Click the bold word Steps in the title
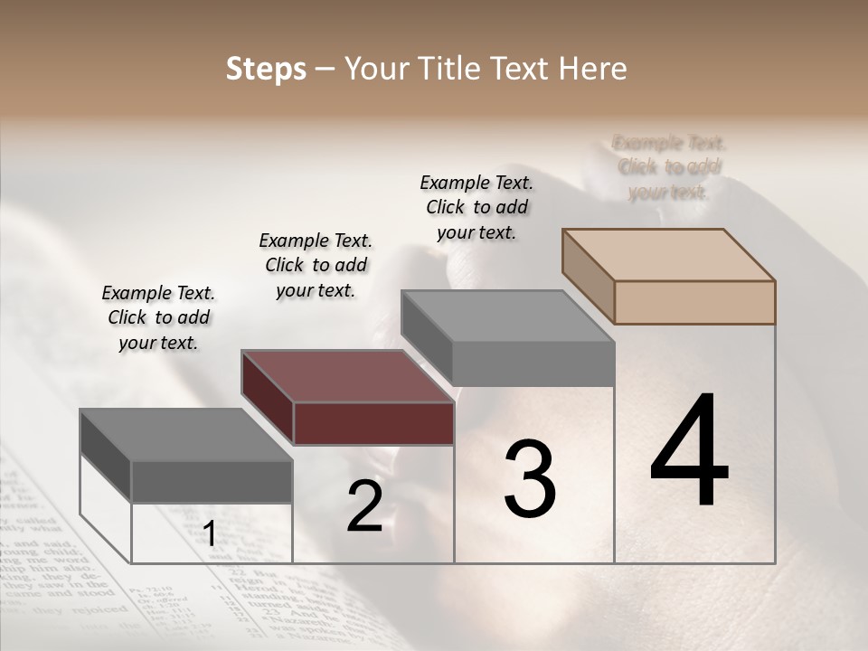[266, 70]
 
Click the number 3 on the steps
[530, 479]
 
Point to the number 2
[364, 506]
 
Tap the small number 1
[210, 534]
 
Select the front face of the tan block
[694, 302]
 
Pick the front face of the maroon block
[373, 423]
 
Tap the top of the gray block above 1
[186, 435]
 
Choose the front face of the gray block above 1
[212, 481]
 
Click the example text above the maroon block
[316, 265]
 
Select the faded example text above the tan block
[669, 167]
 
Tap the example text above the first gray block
[158, 317]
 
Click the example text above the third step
[476, 207]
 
